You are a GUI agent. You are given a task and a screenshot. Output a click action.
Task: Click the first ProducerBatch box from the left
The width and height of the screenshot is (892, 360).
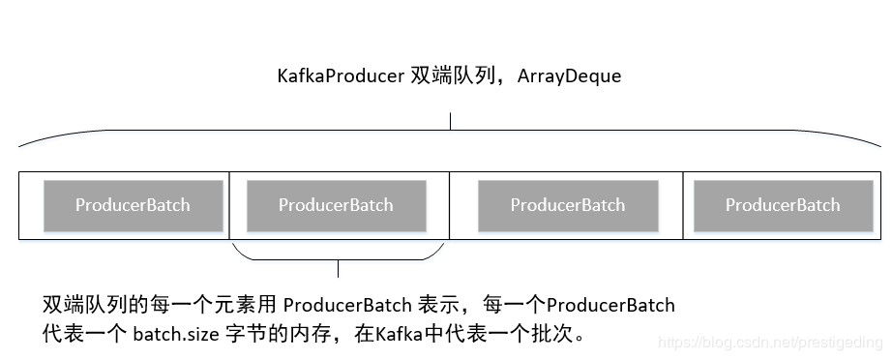click(x=133, y=205)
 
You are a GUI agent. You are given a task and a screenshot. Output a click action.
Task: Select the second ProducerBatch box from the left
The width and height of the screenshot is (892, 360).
click(x=336, y=205)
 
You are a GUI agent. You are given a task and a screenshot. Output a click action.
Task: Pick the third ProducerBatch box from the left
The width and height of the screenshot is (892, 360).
click(x=568, y=205)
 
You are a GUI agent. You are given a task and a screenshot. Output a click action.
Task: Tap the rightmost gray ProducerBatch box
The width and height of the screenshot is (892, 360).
click(x=783, y=205)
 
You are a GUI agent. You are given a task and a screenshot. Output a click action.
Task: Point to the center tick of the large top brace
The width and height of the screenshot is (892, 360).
click(x=450, y=122)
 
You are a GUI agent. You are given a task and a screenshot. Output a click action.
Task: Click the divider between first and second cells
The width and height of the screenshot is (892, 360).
click(x=229, y=205)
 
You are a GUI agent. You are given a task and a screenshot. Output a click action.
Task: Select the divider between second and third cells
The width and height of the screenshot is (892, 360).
click(x=450, y=205)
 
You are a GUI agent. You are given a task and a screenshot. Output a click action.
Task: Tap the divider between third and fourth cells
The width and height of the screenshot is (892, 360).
click(x=683, y=205)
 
